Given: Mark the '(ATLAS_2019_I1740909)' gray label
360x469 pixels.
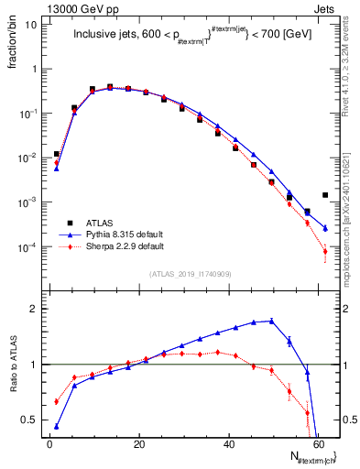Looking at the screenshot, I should pyautogui.click(x=190, y=275).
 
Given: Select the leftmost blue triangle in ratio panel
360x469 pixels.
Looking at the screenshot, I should pyautogui.click(x=57, y=426).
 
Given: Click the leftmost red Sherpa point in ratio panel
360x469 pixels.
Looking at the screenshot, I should pyautogui.click(x=57, y=401).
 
